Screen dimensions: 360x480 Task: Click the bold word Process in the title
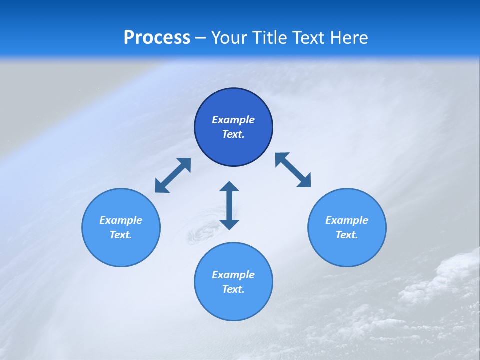point(157,38)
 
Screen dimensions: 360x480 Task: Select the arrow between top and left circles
point(173,175)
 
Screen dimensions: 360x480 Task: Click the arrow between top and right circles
point(293,170)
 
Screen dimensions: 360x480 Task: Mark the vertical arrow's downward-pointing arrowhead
point(229,223)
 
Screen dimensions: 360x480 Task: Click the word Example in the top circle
point(233,120)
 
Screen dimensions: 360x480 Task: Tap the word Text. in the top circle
point(233,134)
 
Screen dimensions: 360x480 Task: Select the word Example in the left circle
point(121,220)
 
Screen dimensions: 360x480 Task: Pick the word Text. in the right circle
point(347,235)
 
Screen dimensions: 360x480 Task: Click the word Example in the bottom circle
point(233,275)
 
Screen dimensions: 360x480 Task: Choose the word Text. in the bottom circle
point(233,289)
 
